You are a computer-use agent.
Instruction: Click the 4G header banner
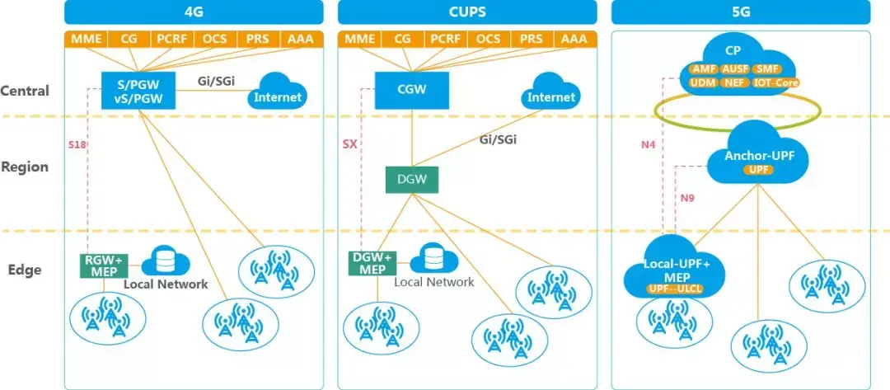tap(194, 12)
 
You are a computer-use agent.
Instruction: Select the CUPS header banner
tap(467, 12)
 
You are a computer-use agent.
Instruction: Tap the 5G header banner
tap(740, 12)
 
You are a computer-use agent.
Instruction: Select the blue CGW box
tap(412, 90)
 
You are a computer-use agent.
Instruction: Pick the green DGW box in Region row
tap(412, 179)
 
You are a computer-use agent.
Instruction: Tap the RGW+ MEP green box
tap(102, 265)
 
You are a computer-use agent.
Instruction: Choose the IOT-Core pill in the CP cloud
tap(775, 82)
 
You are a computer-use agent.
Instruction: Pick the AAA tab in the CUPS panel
tap(574, 39)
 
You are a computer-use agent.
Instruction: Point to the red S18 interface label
tap(77, 144)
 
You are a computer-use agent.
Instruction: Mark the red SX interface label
tap(349, 144)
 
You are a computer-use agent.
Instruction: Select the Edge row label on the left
tap(25, 270)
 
